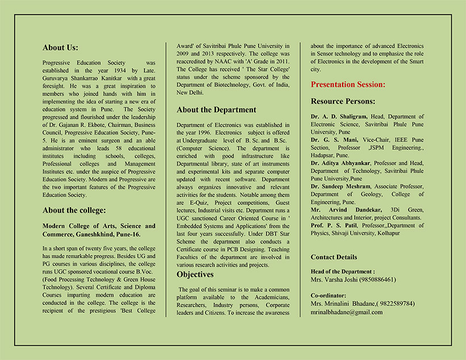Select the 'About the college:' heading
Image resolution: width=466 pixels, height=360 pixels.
(x=74, y=210)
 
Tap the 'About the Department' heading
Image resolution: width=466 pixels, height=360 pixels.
(x=216, y=110)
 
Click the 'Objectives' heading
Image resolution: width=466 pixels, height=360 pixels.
(x=195, y=274)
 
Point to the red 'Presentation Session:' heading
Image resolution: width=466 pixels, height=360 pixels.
(x=348, y=85)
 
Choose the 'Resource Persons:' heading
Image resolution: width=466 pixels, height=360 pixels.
(x=343, y=101)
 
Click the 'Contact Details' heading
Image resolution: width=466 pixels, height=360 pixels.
(x=334, y=257)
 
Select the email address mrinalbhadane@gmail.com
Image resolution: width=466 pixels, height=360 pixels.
(x=347, y=312)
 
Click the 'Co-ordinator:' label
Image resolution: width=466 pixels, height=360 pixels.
(x=328, y=296)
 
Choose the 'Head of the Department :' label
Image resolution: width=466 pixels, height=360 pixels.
(x=343, y=272)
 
